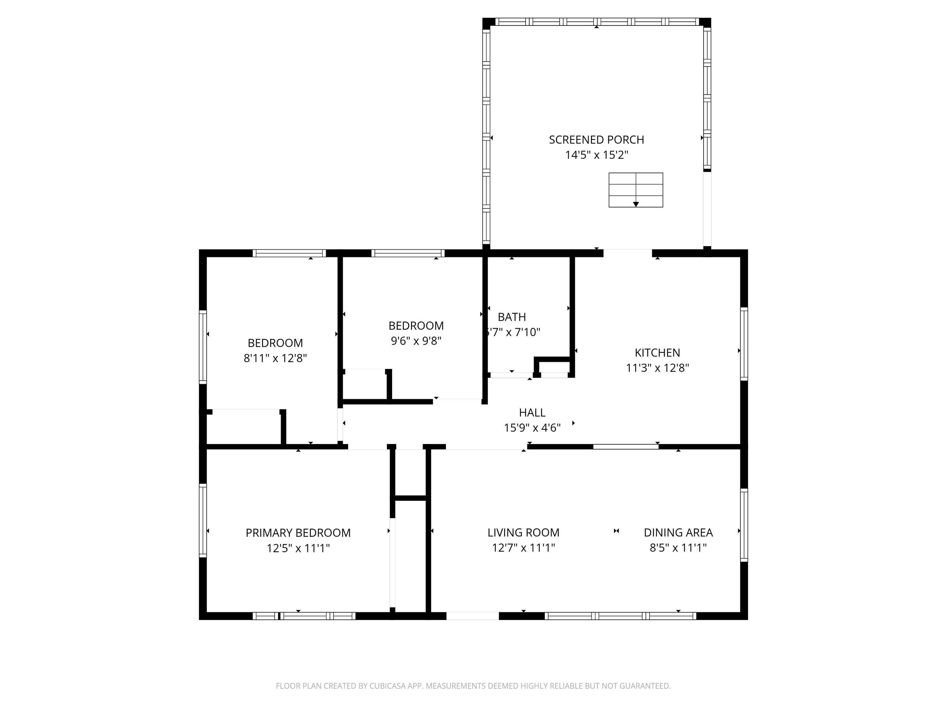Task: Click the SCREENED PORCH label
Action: pyautogui.click(x=596, y=139)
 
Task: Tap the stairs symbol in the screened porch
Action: pyautogui.click(x=636, y=190)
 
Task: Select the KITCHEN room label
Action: pyautogui.click(x=657, y=353)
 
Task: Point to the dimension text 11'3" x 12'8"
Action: pyautogui.click(x=657, y=368)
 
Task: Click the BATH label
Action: pyautogui.click(x=512, y=317)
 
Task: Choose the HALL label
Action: pyautogui.click(x=532, y=412)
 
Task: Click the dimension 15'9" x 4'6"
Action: pyautogui.click(x=532, y=428)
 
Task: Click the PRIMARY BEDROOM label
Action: pyautogui.click(x=298, y=533)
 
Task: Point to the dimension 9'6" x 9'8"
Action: pyautogui.click(x=416, y=341)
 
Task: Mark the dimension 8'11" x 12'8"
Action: pyautogui.click(x=275, y=358)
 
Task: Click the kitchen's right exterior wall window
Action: pyautogui.click(x=744, y=344)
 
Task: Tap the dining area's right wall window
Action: pyautogui.click(x=744, y=525)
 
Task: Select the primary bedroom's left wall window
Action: pyautogui.click(x=203, y=520)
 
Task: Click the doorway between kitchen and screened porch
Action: pyautogui.click(x=628, y=253)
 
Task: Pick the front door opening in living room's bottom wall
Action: pyautogui.click(x=473, y=616)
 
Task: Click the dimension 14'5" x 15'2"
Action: pyautogui.click(x=596, y=155)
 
